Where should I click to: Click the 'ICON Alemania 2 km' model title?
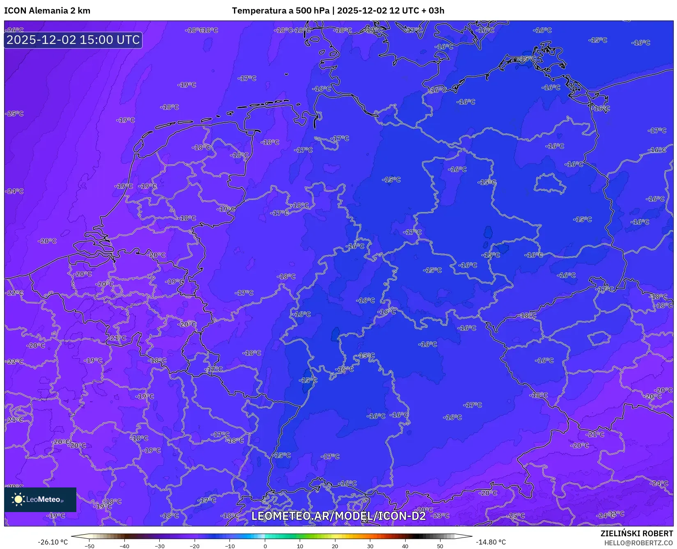(47, 11)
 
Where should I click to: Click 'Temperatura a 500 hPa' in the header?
(280, 11)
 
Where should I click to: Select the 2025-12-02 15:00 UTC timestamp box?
(73, 40)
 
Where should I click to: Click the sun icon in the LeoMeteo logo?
(18, 499)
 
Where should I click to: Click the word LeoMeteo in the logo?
(44, 499)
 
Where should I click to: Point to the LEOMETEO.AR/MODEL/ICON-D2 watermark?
(338, 516)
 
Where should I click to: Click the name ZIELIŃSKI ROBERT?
(637, 533)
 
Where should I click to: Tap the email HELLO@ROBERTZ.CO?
(638, 542)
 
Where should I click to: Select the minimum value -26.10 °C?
(53, 542)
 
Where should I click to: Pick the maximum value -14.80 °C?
(491, 542)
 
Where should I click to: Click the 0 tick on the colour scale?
(265, 546)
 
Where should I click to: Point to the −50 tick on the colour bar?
(89, 546)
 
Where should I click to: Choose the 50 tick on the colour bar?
(440, 546)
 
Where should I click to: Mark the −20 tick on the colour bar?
(194, 546)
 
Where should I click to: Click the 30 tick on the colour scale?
(370, 546)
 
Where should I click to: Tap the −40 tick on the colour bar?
(124, 546)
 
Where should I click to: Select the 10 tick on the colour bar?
(300, 546)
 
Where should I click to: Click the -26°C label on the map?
(15, 30)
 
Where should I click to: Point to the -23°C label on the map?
(441, 515)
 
